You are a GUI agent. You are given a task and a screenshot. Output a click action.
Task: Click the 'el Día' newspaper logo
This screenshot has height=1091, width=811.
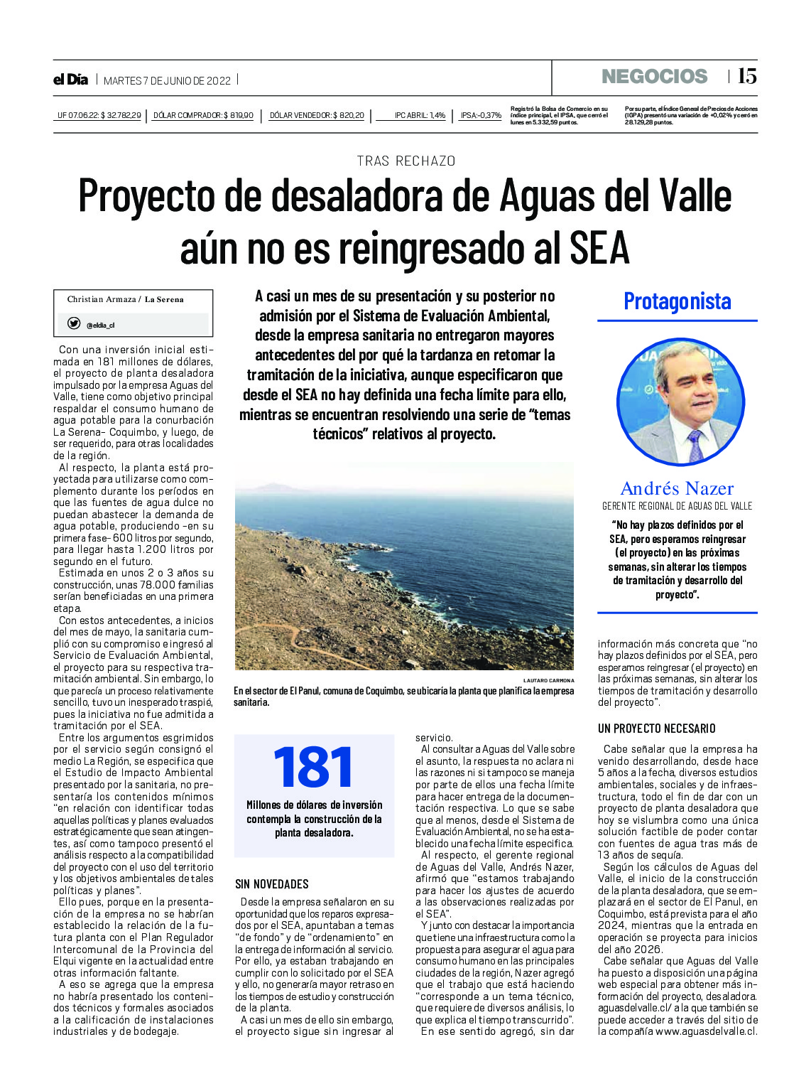[x=70, y=80]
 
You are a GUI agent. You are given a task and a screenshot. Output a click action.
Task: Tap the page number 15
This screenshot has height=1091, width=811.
[x=747, y=76]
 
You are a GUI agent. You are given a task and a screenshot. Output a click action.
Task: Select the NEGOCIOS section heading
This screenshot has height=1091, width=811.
[x=654, y=77]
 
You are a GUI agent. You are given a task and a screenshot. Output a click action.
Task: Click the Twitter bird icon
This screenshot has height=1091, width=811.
[x=73, y=323]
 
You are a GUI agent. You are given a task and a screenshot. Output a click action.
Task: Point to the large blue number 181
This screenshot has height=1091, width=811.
[x=313, y=768]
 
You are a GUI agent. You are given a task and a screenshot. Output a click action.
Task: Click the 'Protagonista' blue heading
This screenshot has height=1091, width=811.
[x=677, y=301]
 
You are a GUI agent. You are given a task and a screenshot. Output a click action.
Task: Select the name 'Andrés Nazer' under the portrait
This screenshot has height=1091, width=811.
[x=677, y=488]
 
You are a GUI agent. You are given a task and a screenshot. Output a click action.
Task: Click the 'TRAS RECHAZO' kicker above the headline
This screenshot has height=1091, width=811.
[x=405, y=161]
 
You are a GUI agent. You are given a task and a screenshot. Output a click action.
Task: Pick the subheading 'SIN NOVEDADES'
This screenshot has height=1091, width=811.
[x=272, y=884]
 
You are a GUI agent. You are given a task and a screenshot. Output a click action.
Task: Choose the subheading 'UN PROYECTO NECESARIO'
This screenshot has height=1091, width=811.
[x=656, y=729]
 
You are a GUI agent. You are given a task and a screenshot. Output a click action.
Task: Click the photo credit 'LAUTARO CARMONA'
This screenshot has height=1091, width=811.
[x=548, y=680]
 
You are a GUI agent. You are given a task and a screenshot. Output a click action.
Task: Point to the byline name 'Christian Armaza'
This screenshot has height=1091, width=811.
[x=102, y=299]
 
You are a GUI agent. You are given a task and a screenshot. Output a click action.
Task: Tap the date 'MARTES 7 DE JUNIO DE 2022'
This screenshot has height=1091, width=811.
[x=167, y=81]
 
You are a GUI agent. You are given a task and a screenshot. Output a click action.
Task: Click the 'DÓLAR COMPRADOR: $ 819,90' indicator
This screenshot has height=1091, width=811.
[x=203, y=115]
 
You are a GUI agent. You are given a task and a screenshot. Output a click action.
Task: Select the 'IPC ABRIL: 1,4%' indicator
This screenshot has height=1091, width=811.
[x=420, y=115]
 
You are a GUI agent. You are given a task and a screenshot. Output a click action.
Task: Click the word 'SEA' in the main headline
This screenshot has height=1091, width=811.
[x=599, y=249]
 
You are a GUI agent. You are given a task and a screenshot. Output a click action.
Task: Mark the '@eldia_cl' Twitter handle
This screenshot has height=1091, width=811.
[x=100, y=326]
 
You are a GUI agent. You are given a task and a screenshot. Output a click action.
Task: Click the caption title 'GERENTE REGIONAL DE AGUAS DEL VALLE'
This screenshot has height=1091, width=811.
[x=677, y=506]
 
